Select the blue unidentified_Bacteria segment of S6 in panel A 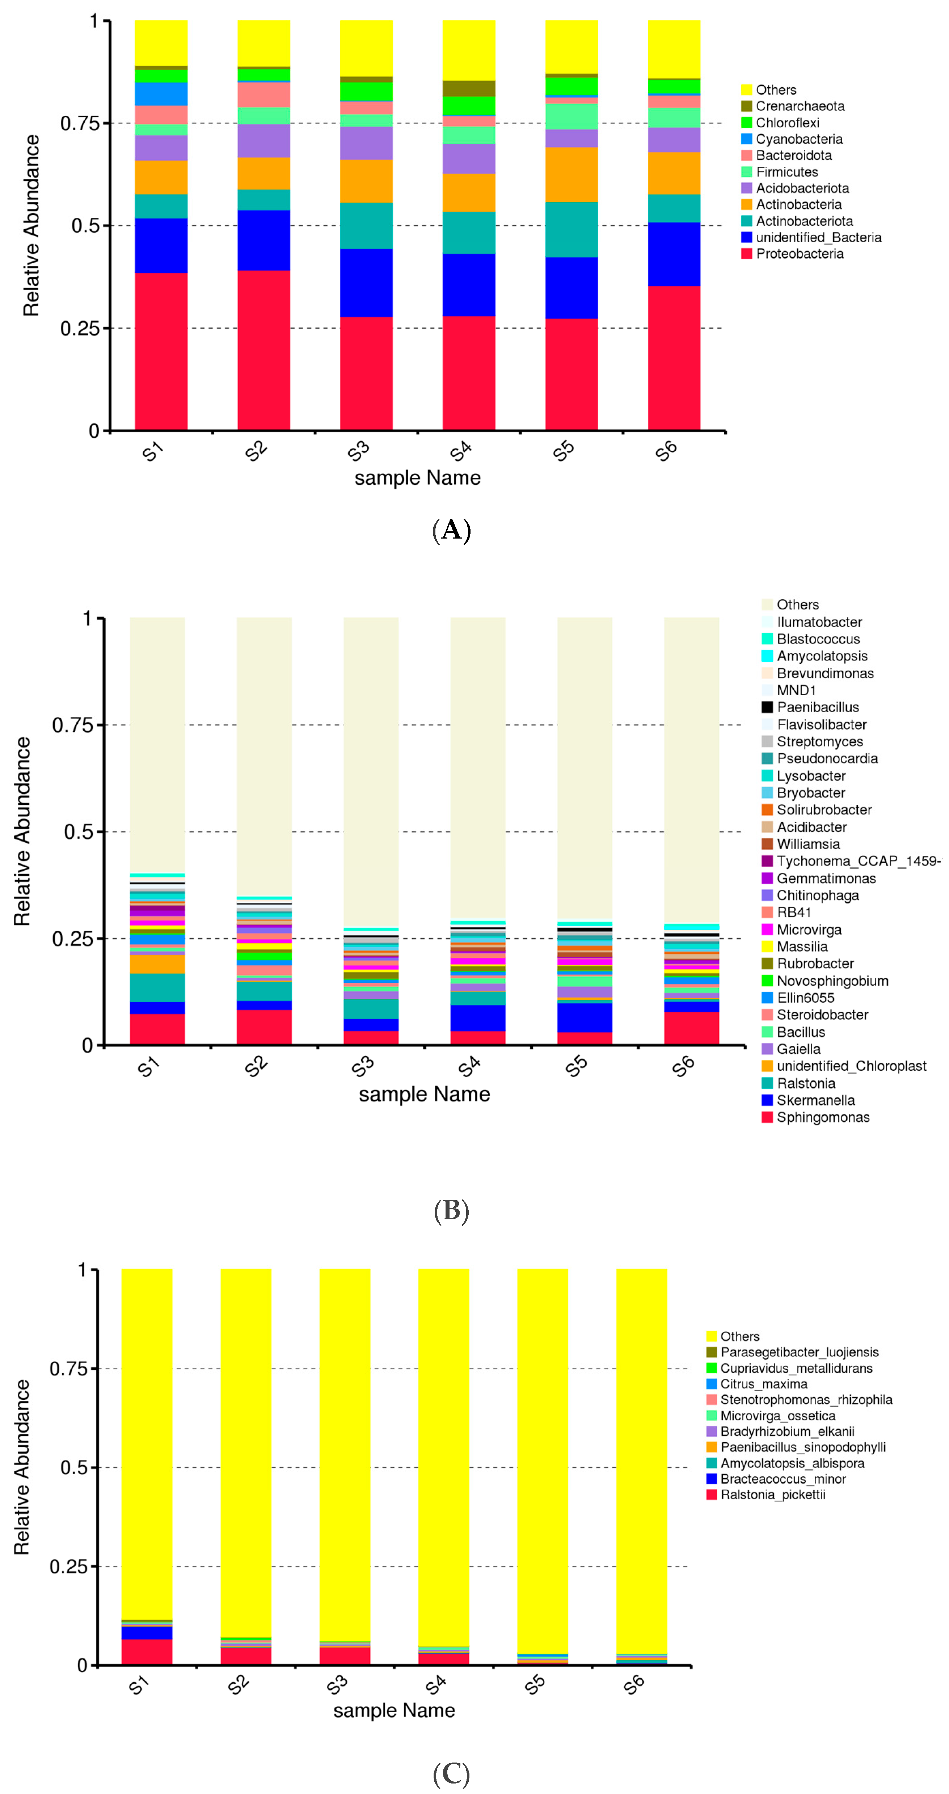(674, 254)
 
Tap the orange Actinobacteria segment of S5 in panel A (571, 174)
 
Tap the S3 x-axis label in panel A (359, 452)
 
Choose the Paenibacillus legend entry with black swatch (817, 707)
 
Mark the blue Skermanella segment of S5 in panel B (585, 1017)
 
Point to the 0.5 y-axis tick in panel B (78, 832)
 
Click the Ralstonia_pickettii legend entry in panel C (772, 1495)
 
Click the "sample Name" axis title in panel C (394, 1710)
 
